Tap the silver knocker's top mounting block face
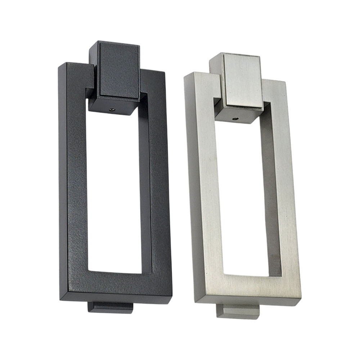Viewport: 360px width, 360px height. [x=242, y=81]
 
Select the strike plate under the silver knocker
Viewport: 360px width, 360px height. [x=238, y=312]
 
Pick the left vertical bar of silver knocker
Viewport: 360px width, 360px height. [x=203, y=187]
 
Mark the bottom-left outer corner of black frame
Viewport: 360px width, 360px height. [x=60, y=299]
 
